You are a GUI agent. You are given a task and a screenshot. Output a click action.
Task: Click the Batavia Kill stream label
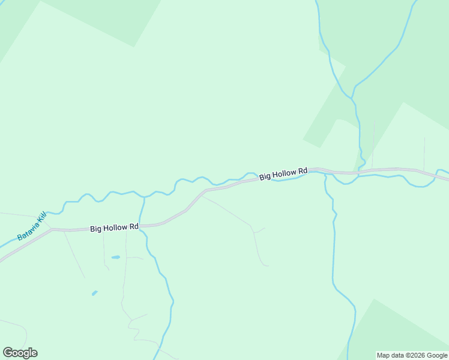(x=32, y=226)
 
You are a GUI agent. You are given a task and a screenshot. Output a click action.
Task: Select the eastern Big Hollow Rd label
(x=283, y=173)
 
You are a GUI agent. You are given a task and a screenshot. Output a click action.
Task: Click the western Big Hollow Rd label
(x=115, y=228)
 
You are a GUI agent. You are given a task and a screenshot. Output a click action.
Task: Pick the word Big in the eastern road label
(x=265, y=177)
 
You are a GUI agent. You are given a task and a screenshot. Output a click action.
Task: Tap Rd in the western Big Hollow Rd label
(x=134, y=227)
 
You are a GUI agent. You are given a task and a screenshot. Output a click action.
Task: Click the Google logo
(x=20, y=353)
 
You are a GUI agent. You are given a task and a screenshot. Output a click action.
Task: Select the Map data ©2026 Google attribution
(x=412, y=355)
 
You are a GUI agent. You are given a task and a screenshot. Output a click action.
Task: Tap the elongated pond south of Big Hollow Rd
(x=115, y=257)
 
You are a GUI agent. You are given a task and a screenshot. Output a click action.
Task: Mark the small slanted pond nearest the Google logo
(x=94, y=293)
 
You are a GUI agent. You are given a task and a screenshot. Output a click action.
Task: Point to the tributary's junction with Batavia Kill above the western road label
(x=144, y=197)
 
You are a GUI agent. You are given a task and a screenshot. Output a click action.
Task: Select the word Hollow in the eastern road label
(x=285, y=173)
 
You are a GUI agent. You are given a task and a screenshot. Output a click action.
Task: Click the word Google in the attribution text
(x=437, y=355)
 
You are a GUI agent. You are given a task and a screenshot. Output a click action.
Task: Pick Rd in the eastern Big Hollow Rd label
(x=303, y=170)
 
